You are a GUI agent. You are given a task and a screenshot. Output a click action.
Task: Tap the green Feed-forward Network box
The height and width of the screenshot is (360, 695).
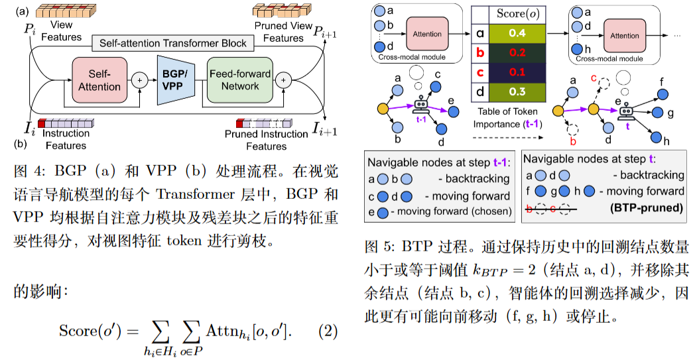[x=239, y=80]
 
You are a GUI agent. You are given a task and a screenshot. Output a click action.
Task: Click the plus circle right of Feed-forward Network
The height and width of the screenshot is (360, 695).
[x=283, y=80]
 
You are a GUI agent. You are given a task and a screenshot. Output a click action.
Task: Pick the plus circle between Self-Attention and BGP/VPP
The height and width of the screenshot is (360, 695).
[x=140, y=80]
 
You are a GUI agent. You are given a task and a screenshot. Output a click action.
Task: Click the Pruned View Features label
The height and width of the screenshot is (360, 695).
[x=283, y=31]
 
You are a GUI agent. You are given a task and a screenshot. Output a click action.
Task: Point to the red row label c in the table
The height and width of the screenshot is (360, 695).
[x=479, y=72]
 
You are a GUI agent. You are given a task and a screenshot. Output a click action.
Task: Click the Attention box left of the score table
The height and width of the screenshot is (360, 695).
[x=427, y=34]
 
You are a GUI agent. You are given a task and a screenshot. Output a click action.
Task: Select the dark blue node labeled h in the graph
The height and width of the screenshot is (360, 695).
[x=657, y=137]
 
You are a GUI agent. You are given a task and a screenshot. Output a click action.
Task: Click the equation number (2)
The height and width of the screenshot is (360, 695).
[x=328, y=330]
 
